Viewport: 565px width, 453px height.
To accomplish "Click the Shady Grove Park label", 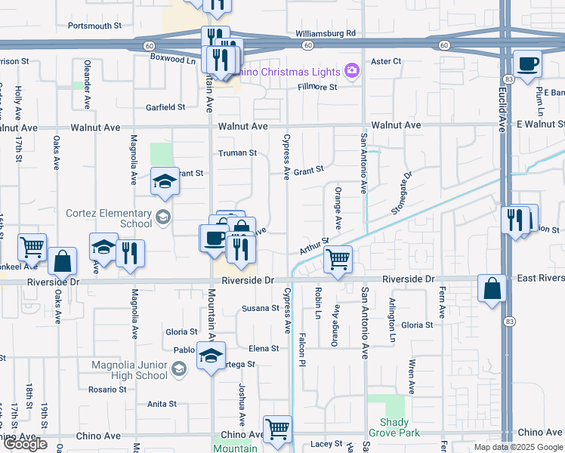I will tap(389, 427).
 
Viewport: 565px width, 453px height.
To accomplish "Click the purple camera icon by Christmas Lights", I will tap(350, 71).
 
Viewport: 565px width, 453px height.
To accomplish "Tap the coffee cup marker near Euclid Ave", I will tap(527, 63).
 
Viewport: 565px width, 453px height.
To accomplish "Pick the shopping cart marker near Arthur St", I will tap(338, 260).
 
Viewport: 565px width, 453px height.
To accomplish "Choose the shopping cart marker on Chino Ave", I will tap(277, 429).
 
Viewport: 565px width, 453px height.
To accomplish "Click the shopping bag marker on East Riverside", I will tap(492, 288).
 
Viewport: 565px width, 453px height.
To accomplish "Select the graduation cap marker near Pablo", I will tap(211, 354).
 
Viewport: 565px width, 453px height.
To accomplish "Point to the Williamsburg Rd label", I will tap(326, 33).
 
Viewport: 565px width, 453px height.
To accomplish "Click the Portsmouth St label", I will tap(94, 25).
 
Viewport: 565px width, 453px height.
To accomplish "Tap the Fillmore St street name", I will tap(316, 87).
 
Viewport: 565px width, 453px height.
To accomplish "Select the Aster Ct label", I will tap(386, 61).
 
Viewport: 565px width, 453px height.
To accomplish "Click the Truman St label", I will tap(238, 153).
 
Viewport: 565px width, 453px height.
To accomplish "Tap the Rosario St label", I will tap(107, 390).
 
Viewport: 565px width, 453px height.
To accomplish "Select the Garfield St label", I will tap(165, 107).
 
